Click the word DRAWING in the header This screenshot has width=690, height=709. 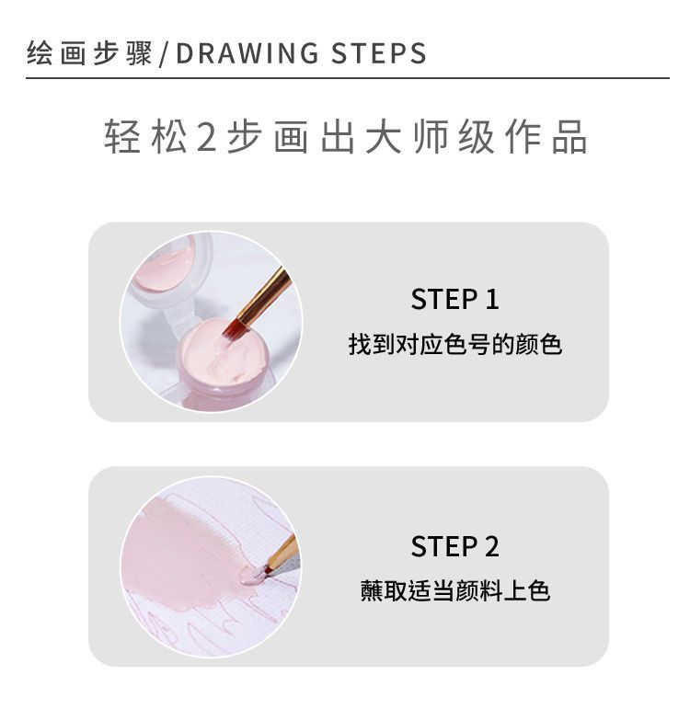pyautogui.click(x=247, y=53)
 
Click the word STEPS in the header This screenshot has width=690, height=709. pyautogui.click(x=379, y=53)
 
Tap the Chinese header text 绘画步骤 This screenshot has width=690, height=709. pyautogui.click(x=89, y=53)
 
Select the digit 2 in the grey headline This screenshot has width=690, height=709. pyautogui.click(x=207, y=136)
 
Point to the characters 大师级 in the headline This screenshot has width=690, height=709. pyautogui.click(x=429, y=136)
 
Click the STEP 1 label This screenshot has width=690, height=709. pyautogui.click(x=454, y=299)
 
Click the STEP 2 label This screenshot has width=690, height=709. pyautogui.click(x=454, y=546)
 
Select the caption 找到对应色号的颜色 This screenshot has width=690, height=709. pyautogui.click(x=454, y=345)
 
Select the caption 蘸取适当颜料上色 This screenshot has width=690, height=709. pyautogui.click(x=454, y=591)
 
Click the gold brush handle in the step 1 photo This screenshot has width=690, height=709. pyautogui.click(x=265, y=295)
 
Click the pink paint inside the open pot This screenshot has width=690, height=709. pyautogui.click(x=216, y=356)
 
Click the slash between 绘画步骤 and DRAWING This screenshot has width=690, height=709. pyautogui.click(x=165, y=54)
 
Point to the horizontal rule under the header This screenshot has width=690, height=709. pyautogui.click(x=348, y=78)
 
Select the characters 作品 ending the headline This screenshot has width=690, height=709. pyautogui.click(x=546, y=136)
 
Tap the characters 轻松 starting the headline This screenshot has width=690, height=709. pyautogui.click(x=145, y=136)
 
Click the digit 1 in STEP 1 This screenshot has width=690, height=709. pyautogui.click(x=492, y=299)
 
